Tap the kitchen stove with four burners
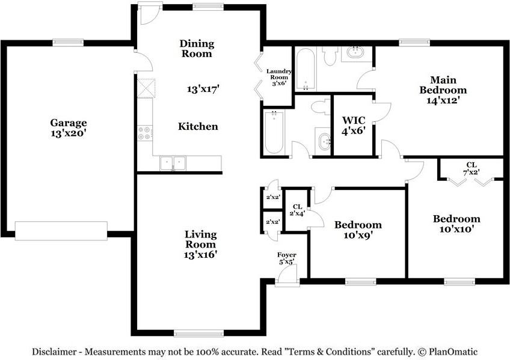point(144,133)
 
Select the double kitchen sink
point(173,163)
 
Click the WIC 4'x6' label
point(354,126)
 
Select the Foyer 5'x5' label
point(286,258)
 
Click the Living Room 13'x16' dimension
point(200,255)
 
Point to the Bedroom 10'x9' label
point(358,230)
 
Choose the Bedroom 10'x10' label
point(456,224)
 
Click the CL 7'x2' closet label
point(472,169)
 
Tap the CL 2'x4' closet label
point(297,210)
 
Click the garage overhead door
point(61,231)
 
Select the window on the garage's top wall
point(69,43)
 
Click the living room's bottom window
point(198,333)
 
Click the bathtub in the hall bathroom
point(274,132)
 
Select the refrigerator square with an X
point(146,88)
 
